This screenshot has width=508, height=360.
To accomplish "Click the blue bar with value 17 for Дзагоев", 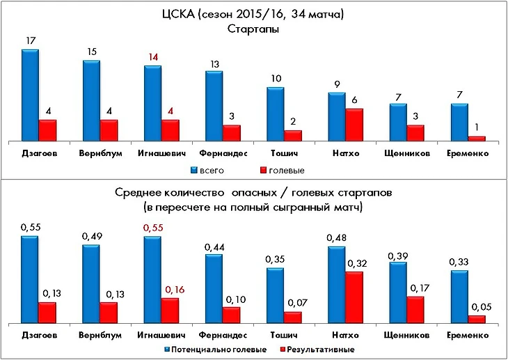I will click(30, 95).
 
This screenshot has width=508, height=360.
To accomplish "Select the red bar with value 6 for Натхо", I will click(354, 125).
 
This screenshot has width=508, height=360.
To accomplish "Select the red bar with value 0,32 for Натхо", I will click(354, 297).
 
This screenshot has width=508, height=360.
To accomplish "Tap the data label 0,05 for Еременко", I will click(477, 305).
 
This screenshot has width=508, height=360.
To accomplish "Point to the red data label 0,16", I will click(170, 288).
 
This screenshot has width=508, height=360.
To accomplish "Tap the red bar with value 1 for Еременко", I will click(477, 138).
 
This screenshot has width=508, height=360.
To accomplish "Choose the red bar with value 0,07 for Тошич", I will click(293, 318).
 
